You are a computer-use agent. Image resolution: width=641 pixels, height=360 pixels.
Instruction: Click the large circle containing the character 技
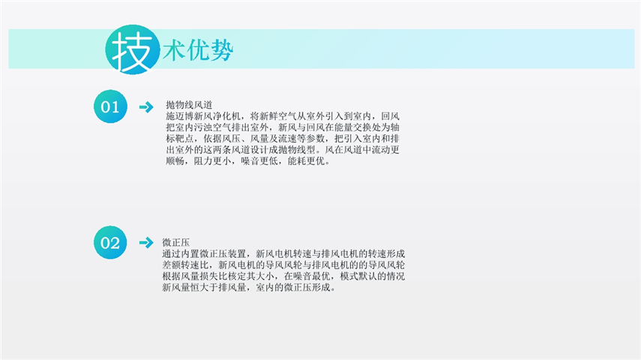[133, 49]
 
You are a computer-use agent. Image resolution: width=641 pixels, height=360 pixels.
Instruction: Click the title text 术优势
[198, 50]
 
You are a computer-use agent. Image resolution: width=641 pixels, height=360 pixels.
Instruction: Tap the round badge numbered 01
[110, 106]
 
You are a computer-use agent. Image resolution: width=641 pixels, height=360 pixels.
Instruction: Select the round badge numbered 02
[110, 242]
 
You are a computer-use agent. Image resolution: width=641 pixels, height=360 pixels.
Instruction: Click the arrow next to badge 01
[146, 107]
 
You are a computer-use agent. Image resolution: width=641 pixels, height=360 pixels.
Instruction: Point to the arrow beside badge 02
[146, 242]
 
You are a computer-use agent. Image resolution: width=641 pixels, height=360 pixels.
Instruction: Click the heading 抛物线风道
[189, 105]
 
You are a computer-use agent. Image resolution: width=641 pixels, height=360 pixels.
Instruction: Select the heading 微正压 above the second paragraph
[175, 242]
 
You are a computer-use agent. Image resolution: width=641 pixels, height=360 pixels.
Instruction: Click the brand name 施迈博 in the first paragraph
[180, 116]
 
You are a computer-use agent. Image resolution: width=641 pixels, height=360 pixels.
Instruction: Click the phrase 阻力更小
[213, 160]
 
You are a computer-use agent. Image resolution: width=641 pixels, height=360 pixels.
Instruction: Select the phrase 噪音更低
[259, 160]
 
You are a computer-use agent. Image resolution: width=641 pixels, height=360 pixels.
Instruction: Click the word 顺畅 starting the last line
[175, 160]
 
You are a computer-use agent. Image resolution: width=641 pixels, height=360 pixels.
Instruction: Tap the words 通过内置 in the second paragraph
[181, 253]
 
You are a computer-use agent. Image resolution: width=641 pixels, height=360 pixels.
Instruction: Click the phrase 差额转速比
[186, 265]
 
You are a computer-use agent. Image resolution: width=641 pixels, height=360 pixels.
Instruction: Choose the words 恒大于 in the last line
[205, 287]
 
